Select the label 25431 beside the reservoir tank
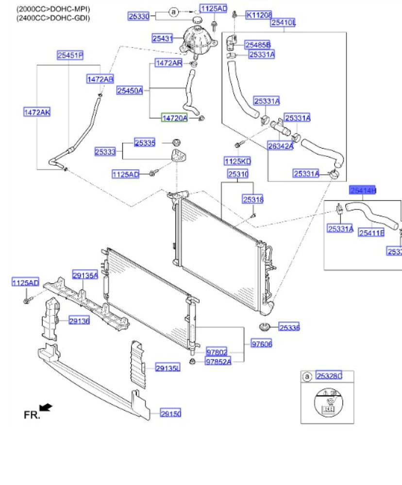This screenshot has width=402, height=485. pos(163,38)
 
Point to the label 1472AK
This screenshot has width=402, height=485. pos(37,113)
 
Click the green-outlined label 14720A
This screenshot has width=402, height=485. pos(174,117)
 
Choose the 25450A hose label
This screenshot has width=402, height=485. pos(130,90)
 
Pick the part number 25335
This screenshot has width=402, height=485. pos(145,143)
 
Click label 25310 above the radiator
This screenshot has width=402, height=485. pos(238,174)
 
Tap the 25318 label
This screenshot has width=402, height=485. pos(253,199)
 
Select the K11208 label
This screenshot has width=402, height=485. pos(259,15)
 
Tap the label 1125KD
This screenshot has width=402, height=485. pos(237,160)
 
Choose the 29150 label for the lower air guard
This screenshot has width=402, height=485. pos(170,413)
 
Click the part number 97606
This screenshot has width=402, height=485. pos(262,344)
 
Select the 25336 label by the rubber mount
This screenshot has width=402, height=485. pos(289,328)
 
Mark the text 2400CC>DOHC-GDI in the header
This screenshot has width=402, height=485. pos(53,18)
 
